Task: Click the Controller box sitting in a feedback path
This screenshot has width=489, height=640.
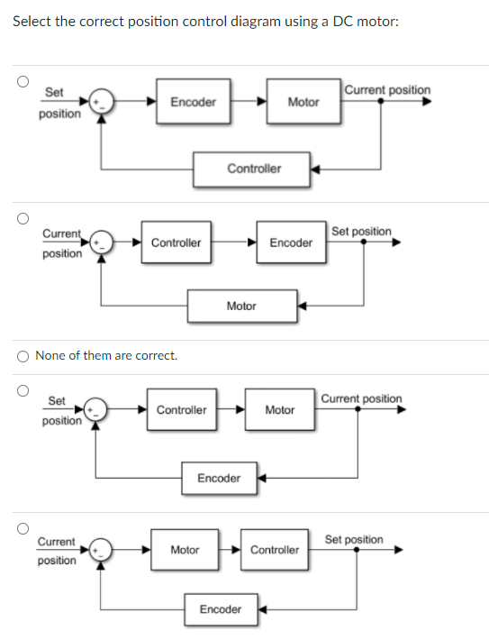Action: (253, 169)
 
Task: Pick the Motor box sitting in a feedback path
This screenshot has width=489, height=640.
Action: (241, 306)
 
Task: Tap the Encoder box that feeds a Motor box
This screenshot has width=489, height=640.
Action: (193, 102)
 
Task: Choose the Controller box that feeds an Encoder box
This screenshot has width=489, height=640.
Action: (176, 242)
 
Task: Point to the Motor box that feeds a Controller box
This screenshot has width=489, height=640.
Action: (185, 550)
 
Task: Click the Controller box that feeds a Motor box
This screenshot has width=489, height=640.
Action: (181, 410)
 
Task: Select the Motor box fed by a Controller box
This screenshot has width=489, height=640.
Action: (279, 410)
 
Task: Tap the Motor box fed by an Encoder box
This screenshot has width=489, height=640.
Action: (303, 102)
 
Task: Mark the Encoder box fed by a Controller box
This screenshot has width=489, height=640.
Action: (291, 242)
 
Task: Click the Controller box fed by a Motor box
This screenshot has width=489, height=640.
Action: (274, 550)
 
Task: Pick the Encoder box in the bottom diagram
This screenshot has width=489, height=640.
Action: (220, 609)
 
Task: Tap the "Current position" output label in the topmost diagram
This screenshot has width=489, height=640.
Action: (387, 90)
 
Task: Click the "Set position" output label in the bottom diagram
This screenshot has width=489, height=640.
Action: (353, 539)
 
